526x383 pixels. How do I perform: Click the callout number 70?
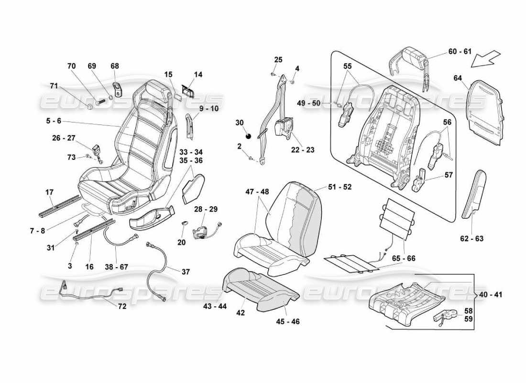(72, 66)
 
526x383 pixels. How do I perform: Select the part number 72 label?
(122, 307)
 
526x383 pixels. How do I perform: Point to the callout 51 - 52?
(340, 187)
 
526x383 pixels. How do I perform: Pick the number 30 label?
(240, 123)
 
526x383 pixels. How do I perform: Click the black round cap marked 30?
(249, 136)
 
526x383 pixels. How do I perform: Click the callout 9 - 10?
(206, 109)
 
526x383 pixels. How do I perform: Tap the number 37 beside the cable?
(186, 272)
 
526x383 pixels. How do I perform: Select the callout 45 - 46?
(288, 322)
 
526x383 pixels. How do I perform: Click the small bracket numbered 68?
(116, 90)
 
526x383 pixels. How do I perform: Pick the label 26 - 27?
(64, 138)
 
